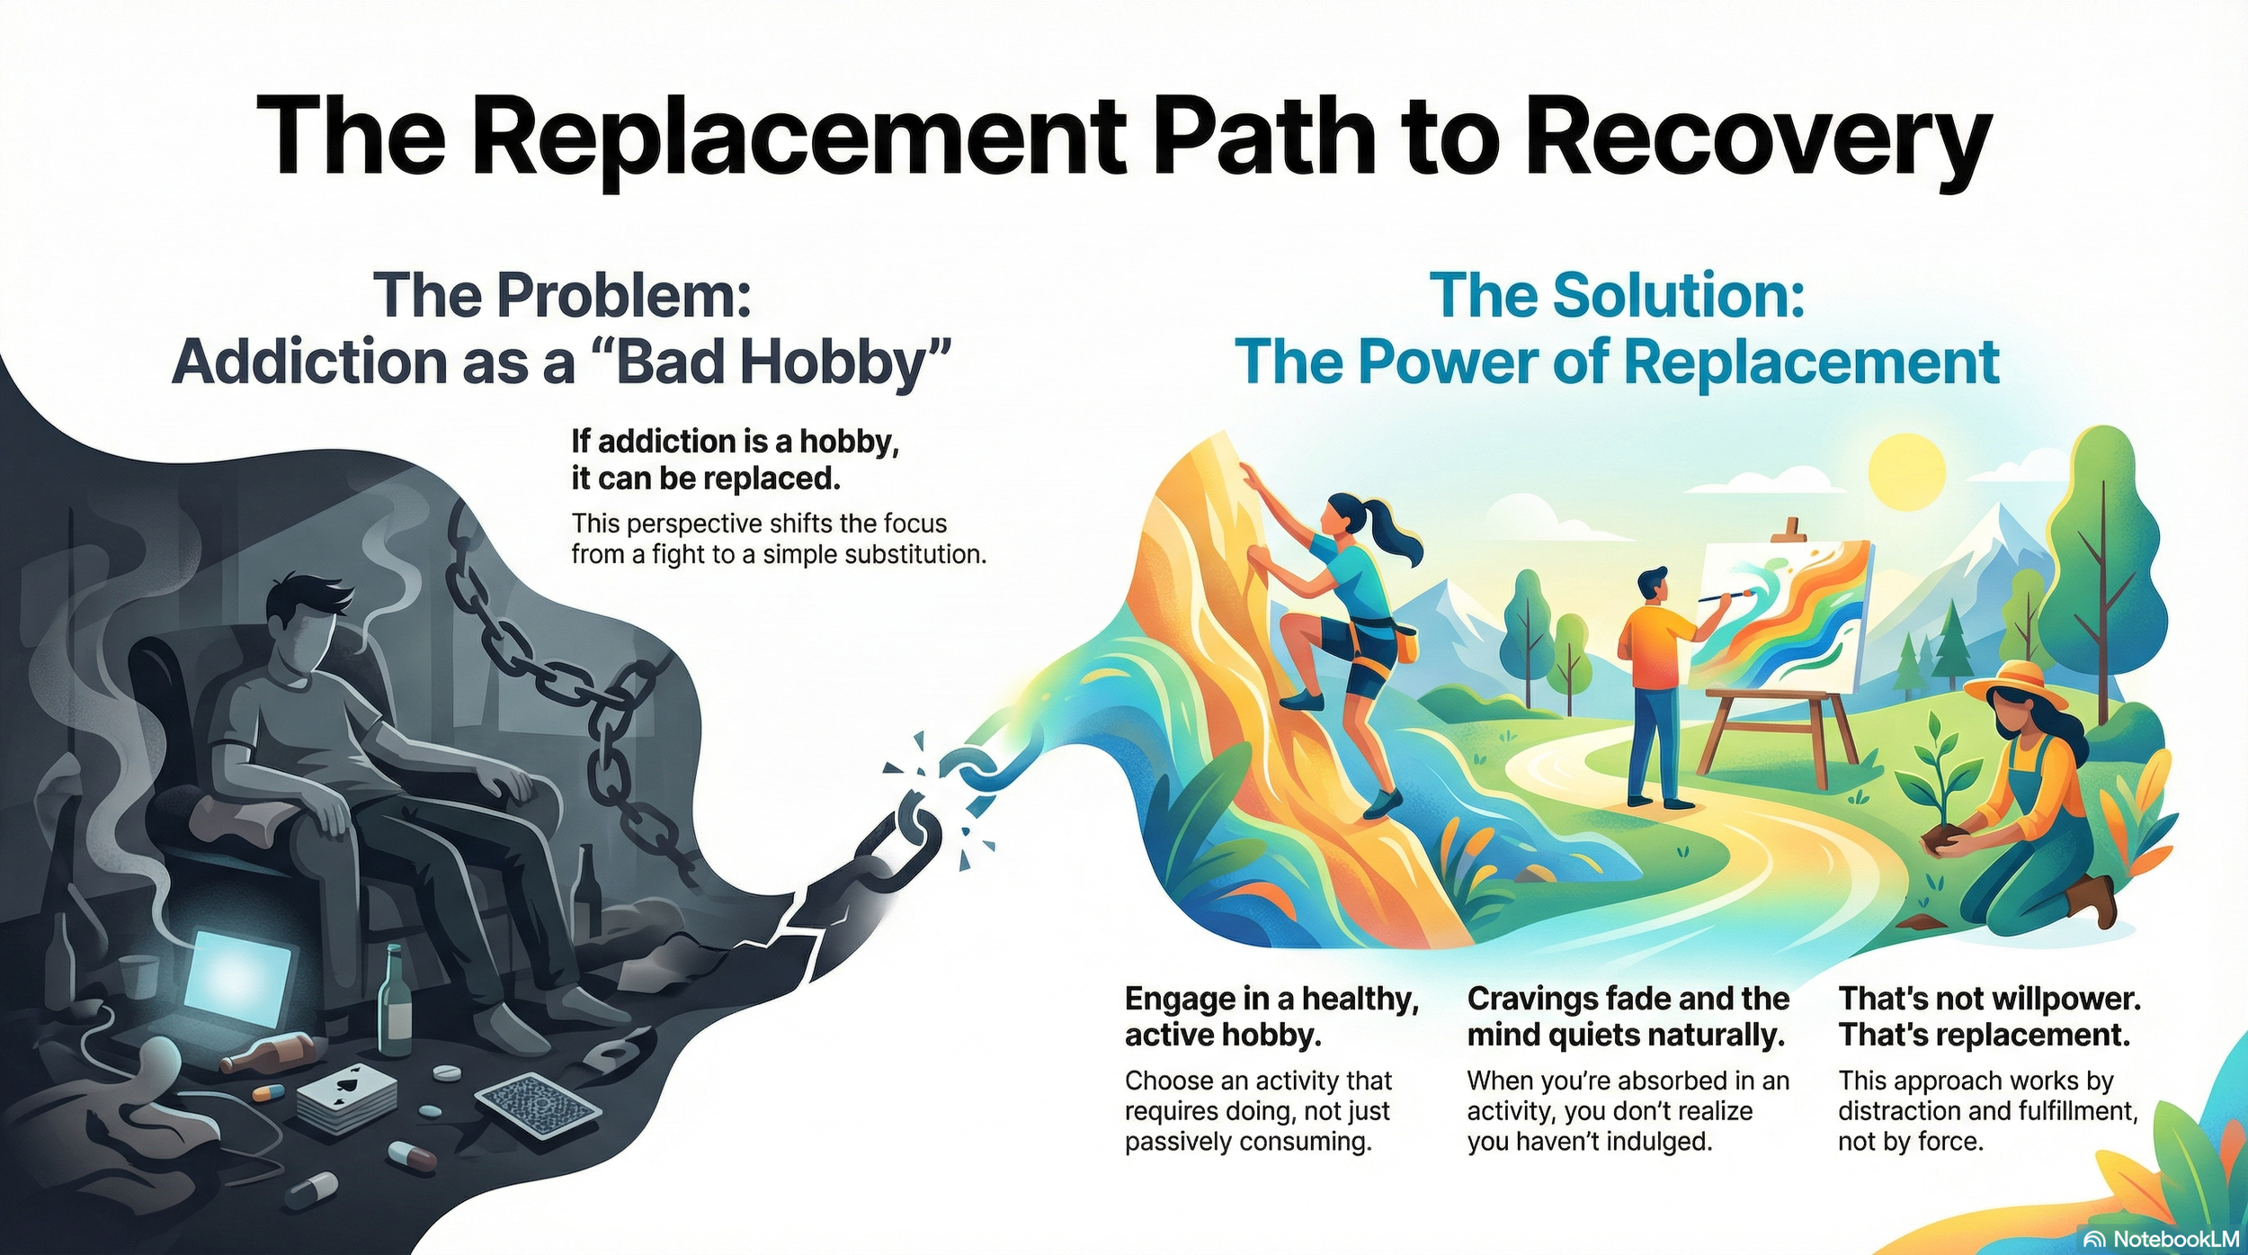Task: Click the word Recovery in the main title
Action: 1758,139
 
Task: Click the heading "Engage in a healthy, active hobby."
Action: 1271,1017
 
